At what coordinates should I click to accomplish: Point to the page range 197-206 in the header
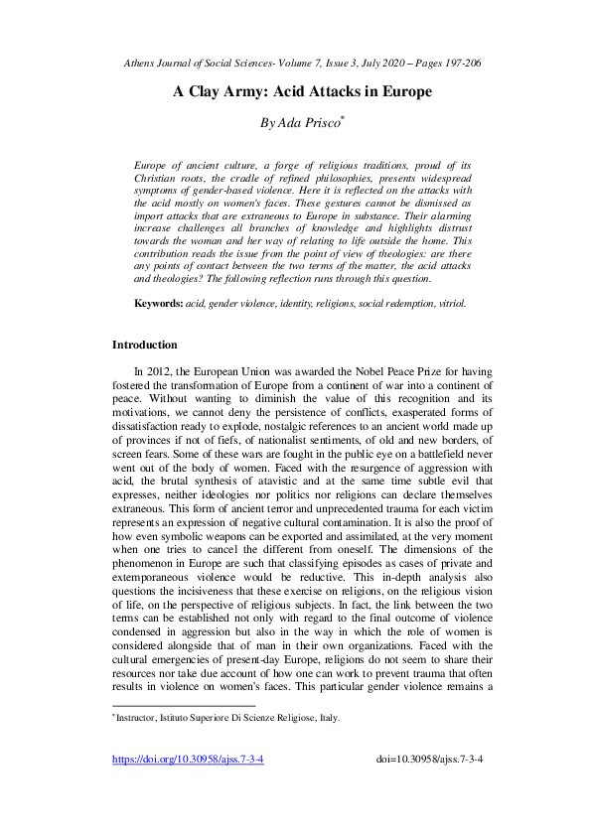[459, 62]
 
